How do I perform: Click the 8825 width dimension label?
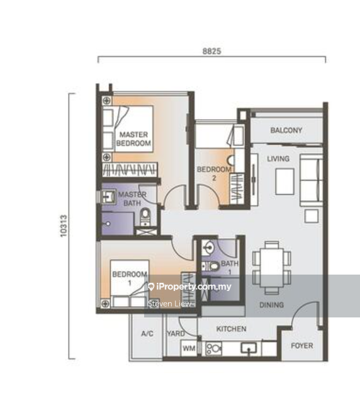(211, 51)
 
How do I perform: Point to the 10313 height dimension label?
(64, 225)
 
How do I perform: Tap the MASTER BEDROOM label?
(133, 139)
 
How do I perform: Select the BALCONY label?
(286, 130)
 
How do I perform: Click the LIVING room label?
(278, 159)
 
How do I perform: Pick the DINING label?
(271, 305)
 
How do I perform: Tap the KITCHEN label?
(231, 329)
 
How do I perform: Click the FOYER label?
(302, 346)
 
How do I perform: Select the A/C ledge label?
(147, 334)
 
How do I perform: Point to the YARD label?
(176, 333)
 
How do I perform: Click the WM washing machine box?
(189, 348)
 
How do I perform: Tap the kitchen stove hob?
(213, 348)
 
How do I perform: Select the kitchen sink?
(249, 348)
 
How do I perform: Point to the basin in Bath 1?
(208, 248)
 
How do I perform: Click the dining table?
(271, 268)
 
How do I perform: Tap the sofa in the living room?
(311, 180)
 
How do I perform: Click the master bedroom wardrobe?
(130, 169)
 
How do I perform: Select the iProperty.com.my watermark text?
(189, 287)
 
